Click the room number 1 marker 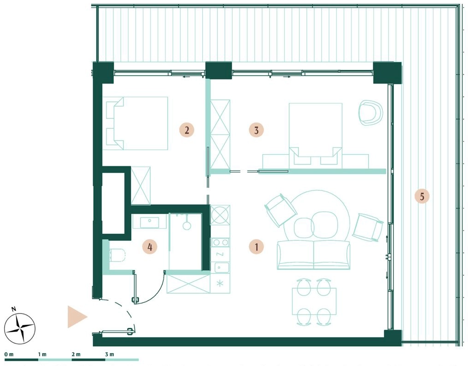coord(256,247)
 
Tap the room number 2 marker coord(187,130)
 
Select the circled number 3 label coord(256,130)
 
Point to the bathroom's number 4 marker coord(150,247)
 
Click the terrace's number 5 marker coord(422,196)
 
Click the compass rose coord(20,328)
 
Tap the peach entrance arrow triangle coord(77,316)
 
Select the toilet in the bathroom coord(117,255)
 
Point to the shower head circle coord(187,225)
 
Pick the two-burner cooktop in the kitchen coord(220,243)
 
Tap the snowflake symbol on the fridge coord(220,283)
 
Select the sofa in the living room coord(314,255)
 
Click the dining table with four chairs coord(314,301)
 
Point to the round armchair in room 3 coord(370,112)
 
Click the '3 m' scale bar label coord(110,354)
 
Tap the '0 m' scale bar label coord(9,354)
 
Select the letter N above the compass coord(14,309)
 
